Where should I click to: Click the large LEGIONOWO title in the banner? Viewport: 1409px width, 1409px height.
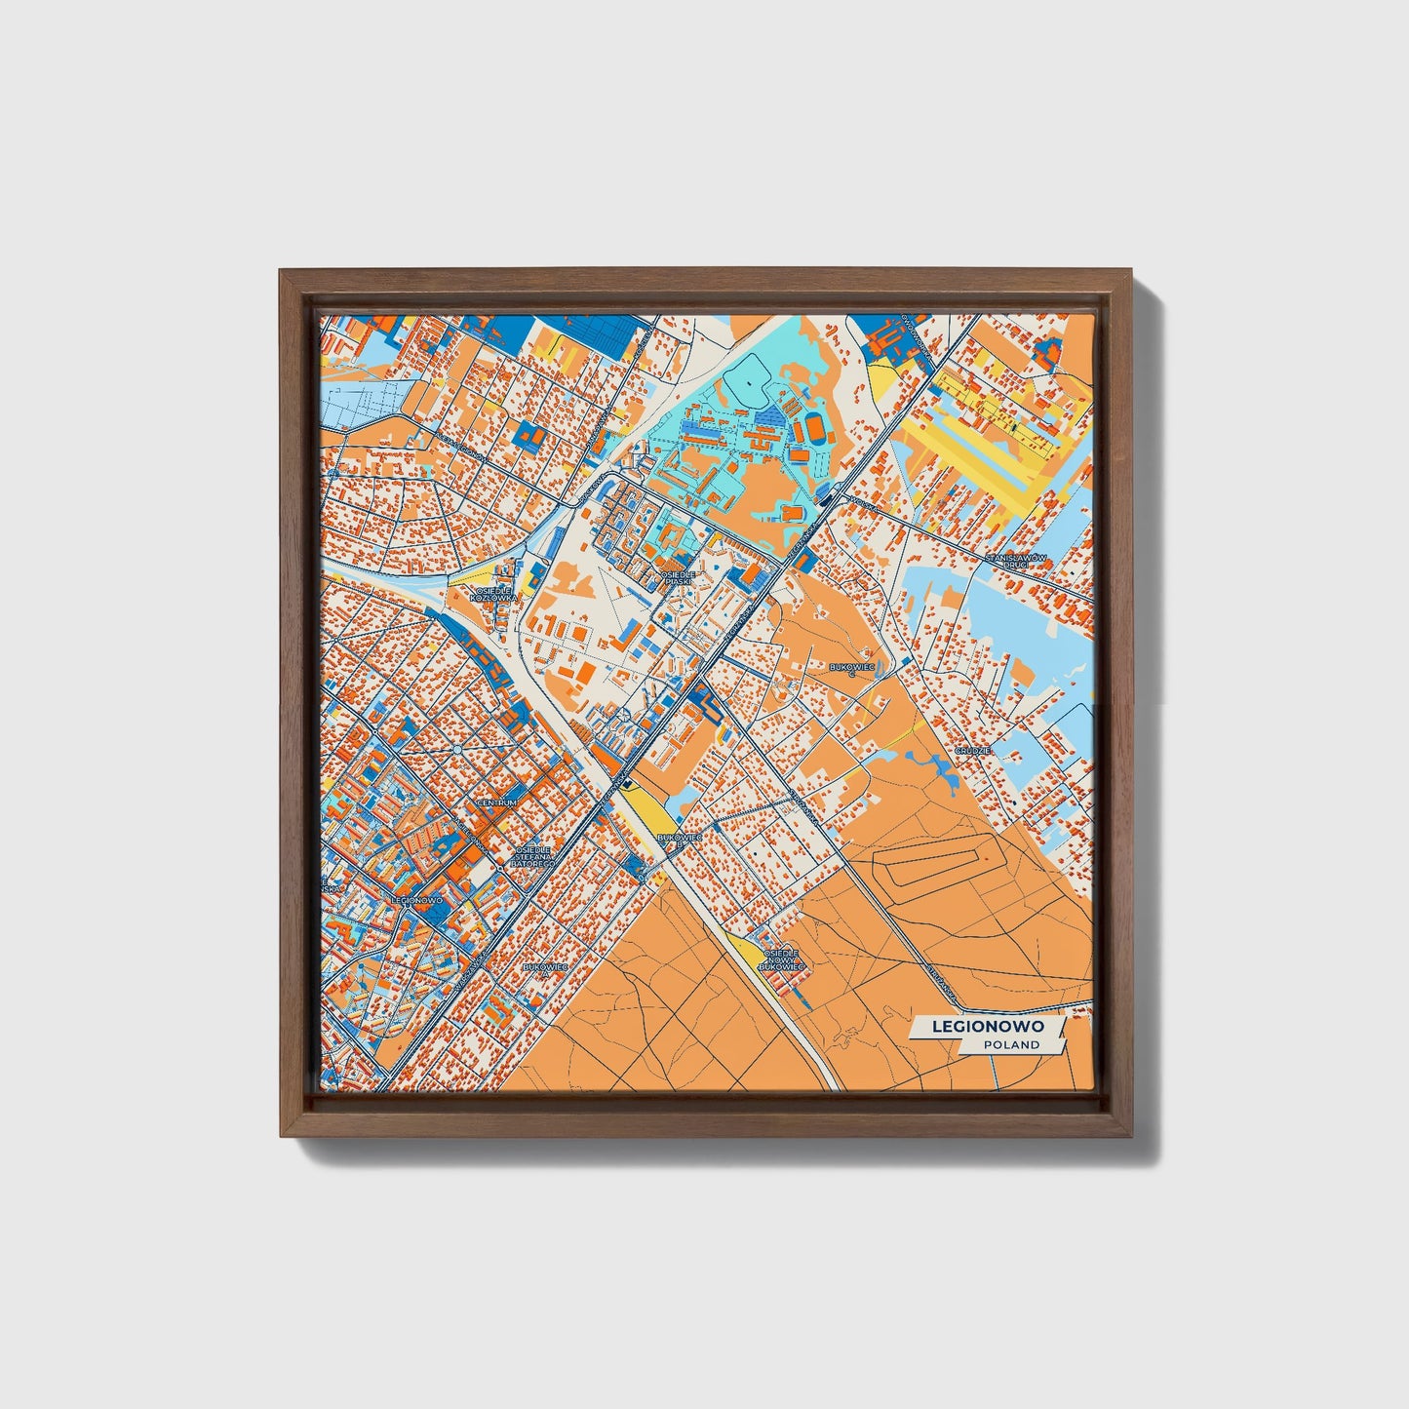point(988,1026)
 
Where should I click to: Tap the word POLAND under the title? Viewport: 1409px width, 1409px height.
point(1011,1044)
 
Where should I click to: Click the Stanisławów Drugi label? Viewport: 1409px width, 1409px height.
point(1015,561)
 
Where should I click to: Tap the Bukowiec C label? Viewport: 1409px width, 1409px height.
point(850,668)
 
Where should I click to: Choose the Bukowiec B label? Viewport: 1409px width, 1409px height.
point(680,839)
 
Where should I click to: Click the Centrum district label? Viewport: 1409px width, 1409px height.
point(496,802)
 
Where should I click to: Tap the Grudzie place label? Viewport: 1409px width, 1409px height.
point(973,750)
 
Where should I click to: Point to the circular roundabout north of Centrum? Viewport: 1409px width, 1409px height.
point(457,749)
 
